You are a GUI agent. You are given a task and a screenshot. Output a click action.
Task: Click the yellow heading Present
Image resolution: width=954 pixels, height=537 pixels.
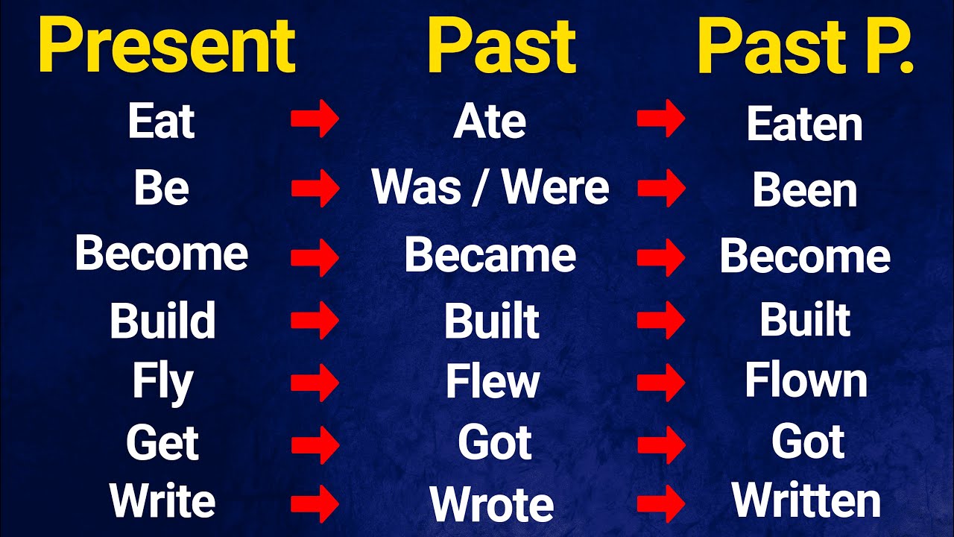pos(165,46)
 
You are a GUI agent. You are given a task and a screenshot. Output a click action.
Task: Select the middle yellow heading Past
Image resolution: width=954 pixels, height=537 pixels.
pos(501,46)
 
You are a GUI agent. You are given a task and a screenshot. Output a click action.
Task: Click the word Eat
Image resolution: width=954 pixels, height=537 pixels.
pos(161,122)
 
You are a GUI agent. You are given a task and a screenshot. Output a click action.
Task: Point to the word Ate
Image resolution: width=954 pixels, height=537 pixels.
pos(490,122)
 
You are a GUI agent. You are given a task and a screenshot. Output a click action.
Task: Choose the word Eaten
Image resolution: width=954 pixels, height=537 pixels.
pos(805,125)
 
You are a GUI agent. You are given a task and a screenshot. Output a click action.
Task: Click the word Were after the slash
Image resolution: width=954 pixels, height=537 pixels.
pos(556,187)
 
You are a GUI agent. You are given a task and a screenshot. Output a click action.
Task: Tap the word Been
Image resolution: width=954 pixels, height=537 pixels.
pos(805,191)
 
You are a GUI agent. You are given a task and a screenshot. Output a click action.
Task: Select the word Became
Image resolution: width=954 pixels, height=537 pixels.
pos(490,256)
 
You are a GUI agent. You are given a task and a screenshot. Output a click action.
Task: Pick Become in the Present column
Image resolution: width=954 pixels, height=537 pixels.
pos(161,254)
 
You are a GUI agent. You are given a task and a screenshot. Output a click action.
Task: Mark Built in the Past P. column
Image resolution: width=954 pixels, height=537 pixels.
pos(805,321)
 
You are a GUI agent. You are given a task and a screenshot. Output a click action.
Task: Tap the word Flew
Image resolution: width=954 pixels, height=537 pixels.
pos(492,382)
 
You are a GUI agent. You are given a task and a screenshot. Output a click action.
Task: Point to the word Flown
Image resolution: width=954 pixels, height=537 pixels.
pos(806,381)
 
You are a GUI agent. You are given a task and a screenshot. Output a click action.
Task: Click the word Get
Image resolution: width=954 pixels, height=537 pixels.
pos(162,443)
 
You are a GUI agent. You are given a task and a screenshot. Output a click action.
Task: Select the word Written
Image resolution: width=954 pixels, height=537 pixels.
pos(806,500)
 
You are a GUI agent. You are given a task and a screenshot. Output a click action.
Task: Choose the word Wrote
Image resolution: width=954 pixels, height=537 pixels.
pos(492,505)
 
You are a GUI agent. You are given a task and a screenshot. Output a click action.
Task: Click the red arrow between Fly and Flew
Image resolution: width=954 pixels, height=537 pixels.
pos(315,383)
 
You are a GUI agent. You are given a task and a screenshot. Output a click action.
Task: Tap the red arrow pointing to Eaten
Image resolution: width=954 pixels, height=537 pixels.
pos(660,121)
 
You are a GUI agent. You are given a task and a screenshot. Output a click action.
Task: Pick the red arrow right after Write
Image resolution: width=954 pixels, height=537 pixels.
pos(315,505)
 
